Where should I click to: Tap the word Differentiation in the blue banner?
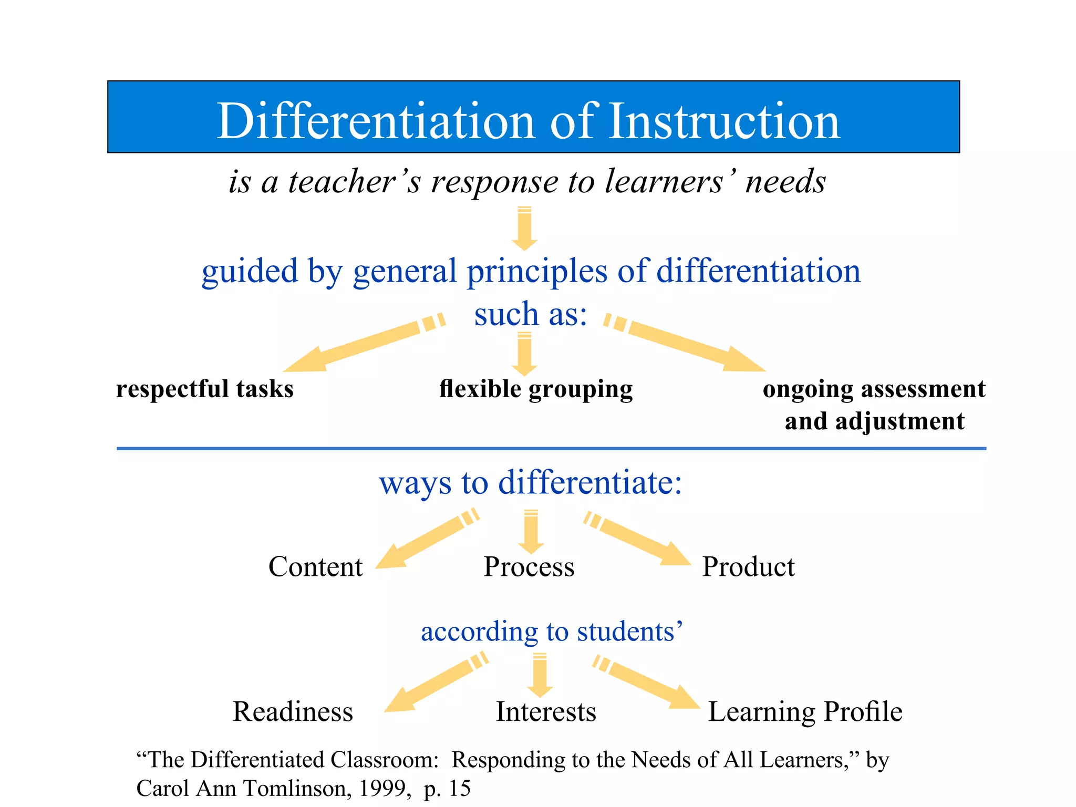(x=379, y=121)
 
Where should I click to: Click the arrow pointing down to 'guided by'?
(x=524, y=228)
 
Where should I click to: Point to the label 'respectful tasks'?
(x=205, y=389)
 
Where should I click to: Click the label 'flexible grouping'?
(x=536, y=389)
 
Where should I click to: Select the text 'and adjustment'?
(x=874, y=421)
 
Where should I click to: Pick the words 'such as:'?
(x=531, y=314)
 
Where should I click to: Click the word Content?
(x=315, y=567)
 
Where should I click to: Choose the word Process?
(x=529, y=567)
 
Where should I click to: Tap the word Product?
(x=748, y=567)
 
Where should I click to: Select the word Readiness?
(x=293, y=712)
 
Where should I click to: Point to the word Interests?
(x=546, y=712)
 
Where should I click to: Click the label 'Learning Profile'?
(x=805, y=712)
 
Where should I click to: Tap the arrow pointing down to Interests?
(x=540, y=675)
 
